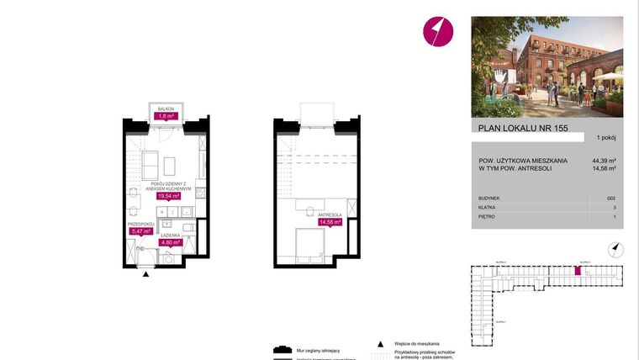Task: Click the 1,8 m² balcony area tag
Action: [166, 117]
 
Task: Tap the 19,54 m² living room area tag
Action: [171, 196]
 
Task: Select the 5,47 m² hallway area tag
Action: [140, 231]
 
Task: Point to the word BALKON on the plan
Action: [166, 109]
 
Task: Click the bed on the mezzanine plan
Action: [309, 245]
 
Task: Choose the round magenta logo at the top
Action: [437, 32]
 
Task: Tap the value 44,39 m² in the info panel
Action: [605, 160]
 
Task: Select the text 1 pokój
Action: [605, 136]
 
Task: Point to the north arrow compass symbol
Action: [616, 247]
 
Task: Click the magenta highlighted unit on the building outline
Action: [577, 271]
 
